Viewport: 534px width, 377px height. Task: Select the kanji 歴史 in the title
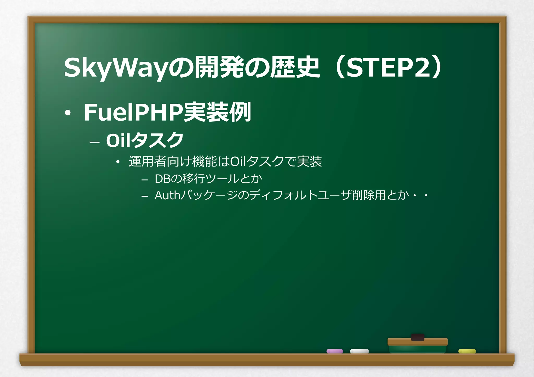click(x=295, y=68)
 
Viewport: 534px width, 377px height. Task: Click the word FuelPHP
click(x=133, y=112)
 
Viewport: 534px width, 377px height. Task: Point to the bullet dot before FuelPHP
click(x=68, y=113)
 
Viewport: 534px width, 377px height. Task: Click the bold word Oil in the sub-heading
click(x=118, y=140)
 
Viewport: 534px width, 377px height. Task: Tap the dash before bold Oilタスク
click(x=94, y=143)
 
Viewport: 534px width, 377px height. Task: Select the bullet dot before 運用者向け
click(x=118, y=162)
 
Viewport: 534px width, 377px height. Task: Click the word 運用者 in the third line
click(x=148, y=162)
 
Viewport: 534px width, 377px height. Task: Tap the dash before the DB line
click(x=144, y=180)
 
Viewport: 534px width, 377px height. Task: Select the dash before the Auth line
click(x=144, y=196)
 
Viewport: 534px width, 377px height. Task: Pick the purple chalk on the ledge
click(x=335, y=351)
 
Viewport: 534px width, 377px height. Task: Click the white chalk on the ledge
click(x=359, y=351)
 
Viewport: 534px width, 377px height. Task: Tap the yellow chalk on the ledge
click(x=467, y=351)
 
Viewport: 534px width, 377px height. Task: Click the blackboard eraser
click(x=417, y=345)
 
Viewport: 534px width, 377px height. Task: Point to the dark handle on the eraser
click(x=417, y=337)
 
